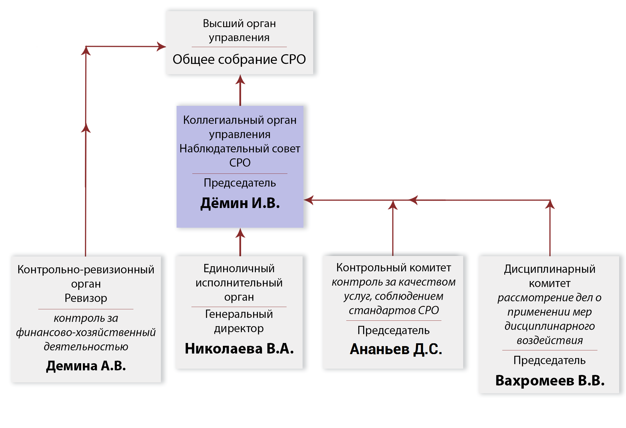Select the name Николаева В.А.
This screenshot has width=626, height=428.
239,348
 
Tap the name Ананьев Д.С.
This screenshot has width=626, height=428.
396,349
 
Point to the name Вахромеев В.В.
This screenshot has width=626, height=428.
550,380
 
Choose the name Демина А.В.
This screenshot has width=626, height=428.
86,366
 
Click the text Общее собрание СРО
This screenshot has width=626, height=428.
239,59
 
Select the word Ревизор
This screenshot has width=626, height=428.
86,298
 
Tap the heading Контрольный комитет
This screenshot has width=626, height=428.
394,268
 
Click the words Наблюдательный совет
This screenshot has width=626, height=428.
240,149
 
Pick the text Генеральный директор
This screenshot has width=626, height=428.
239,321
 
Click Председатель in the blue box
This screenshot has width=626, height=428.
240,183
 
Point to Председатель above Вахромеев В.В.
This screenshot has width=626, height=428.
549,361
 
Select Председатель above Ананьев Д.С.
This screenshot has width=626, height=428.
393,330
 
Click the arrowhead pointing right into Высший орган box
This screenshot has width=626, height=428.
161,47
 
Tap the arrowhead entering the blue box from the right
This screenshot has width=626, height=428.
309,200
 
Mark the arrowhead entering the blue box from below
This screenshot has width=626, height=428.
240,233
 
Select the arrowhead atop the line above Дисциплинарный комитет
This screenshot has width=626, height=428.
550,204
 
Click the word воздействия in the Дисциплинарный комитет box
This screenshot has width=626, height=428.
550,340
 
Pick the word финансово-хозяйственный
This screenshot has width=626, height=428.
86,332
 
